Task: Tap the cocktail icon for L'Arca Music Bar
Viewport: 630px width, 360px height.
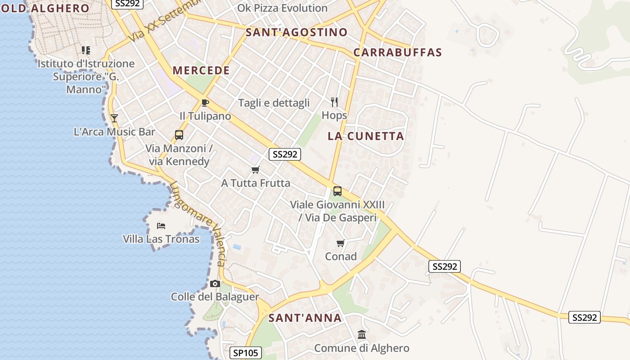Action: (x=114, y=118)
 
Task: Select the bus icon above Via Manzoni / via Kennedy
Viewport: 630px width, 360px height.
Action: (x=179, y=135)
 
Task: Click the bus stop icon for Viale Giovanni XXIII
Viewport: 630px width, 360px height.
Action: (x=337, y=191)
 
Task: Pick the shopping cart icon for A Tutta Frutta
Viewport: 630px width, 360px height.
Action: (x=256, y=170)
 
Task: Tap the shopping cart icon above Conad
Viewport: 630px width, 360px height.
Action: (x=341, y=243)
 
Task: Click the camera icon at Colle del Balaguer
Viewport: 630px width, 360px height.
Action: (x=215, y=283)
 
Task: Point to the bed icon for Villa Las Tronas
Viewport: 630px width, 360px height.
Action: (x=161, y=225)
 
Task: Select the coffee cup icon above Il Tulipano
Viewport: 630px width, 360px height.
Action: (x=205, y=103)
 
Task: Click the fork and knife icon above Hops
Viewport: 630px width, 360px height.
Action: (x=334, y=102)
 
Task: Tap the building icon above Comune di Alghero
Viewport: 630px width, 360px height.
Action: (x=362, y=335)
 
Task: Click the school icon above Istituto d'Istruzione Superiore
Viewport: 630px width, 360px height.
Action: (x=85, y=50)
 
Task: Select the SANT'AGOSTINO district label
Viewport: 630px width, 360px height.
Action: (x=297, y=32)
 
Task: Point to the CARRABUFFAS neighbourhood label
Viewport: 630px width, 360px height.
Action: (x=398, y=52)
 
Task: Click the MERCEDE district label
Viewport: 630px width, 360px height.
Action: (x=201, y=71)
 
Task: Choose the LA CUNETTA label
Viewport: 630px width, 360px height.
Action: (x=366, y=136)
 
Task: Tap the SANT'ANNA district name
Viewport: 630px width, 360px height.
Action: (x=305, y=318)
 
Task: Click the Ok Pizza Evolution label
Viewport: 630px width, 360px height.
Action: (x=282, y=8)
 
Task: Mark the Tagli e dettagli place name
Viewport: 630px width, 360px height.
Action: (x=274, y=103)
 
